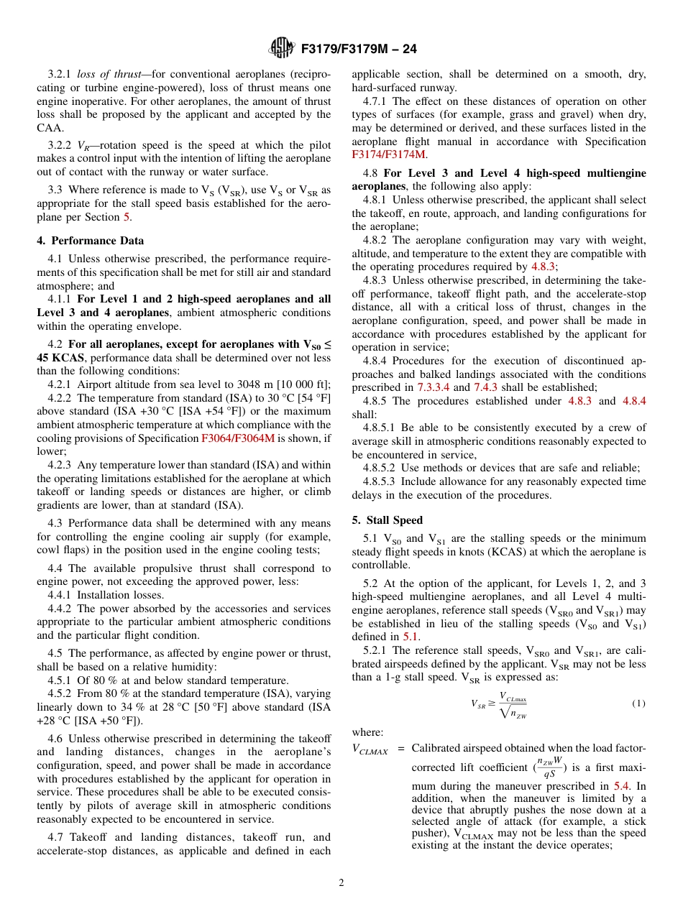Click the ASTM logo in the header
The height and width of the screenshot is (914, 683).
[281, 48]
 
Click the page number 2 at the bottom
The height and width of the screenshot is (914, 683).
[341, 883]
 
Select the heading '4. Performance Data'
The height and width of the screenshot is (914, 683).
[91, 241]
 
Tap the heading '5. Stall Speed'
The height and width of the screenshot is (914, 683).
[388, 520]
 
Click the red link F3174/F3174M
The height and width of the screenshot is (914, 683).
[389, 154]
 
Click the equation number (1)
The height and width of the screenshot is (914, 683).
[638, 703]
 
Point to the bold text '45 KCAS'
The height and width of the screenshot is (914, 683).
[60, 358]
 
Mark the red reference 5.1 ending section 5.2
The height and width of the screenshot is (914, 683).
[410, 636]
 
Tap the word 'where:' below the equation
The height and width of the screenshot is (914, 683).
[367, 732]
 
